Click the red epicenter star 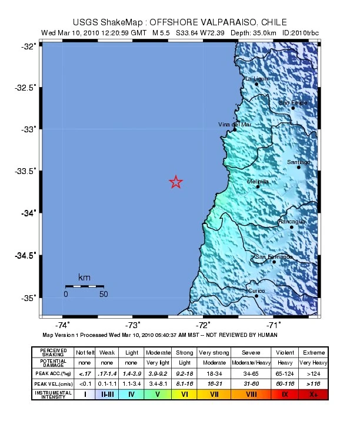(175, 182)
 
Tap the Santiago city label (298, 162)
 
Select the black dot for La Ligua (256, 84)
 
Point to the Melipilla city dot (258, 186)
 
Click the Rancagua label (291, 221)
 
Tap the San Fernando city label (274, 256)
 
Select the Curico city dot (256, 296)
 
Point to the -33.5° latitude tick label (26, 171)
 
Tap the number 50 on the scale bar (104, 294)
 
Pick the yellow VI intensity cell (184, 394)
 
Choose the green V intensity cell (157, 394)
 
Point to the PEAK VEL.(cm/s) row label (54, 383)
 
